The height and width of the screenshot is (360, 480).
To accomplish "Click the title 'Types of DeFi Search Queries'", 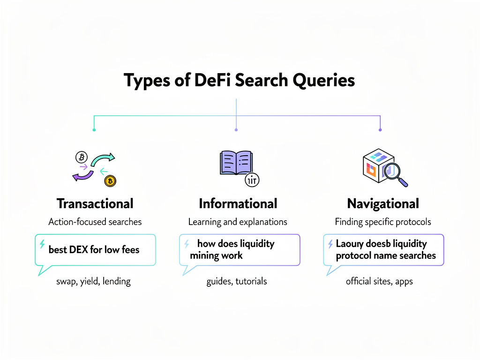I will click(240, 80).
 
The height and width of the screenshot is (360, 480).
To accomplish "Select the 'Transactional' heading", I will click(95, 203).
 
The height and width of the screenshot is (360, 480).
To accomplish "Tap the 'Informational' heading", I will click(238, 203).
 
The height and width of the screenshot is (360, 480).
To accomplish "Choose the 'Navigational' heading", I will click(383, 203).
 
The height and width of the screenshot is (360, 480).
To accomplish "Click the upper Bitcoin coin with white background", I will click(82, 157).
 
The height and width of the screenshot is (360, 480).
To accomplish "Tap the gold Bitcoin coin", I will click(111, 181).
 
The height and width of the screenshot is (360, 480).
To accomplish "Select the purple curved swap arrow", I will click(82, 175).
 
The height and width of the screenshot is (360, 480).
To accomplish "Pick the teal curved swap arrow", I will click(103, 160).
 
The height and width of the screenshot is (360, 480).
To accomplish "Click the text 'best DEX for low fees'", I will click(94, 250).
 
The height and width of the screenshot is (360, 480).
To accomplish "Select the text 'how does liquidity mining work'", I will click(230, 249).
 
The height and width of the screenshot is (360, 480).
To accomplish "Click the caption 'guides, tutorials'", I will click(237, 281).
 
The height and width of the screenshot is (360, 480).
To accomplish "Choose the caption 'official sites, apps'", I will click(379, 281).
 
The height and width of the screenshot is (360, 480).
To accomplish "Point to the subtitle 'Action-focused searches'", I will click(95, 222).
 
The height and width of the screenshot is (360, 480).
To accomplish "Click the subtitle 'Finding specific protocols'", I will click(383, 222).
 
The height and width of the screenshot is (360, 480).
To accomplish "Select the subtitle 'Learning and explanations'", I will click(238, 222).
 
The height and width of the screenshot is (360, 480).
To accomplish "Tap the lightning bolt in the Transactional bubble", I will click(42, 244).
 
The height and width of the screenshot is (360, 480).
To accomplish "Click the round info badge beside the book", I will click(253, 180).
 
